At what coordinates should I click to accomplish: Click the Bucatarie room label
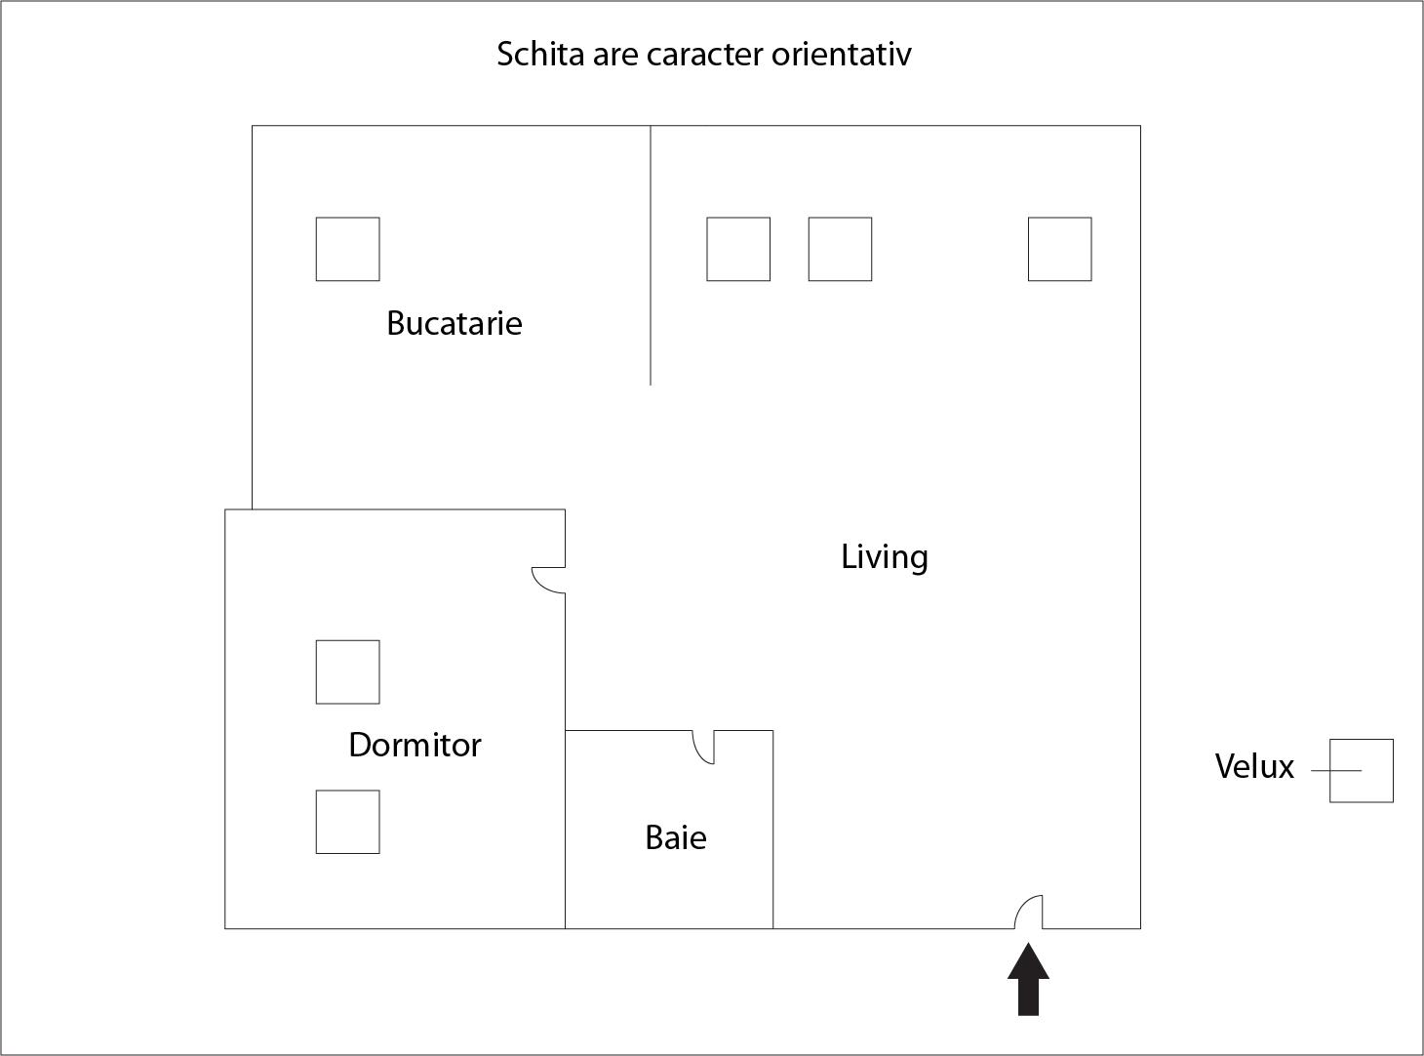[454, 323]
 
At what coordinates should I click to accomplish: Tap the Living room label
[884, 557]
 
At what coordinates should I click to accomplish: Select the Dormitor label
[415, 746]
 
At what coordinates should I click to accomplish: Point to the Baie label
[675, 838]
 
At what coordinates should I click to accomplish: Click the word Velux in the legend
[1254, 767]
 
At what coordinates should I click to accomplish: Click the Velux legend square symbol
[1361, 771]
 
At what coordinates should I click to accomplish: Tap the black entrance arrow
[1029, 980]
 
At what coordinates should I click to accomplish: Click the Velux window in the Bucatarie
[348, 250]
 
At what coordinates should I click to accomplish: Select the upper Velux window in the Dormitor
[348, 671]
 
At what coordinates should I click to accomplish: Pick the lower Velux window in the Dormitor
[348, 822]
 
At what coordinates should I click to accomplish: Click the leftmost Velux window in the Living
[738, 250]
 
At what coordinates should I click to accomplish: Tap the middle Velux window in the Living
[840, 250]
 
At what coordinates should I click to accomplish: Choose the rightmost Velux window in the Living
[1060, 250]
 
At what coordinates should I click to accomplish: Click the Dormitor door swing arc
[547, 581]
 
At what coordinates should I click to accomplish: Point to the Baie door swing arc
[703, 747]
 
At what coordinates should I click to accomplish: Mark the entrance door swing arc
[1029, 912]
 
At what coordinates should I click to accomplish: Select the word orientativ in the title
[841, 54]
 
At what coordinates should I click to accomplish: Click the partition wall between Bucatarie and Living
[651, 255]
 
